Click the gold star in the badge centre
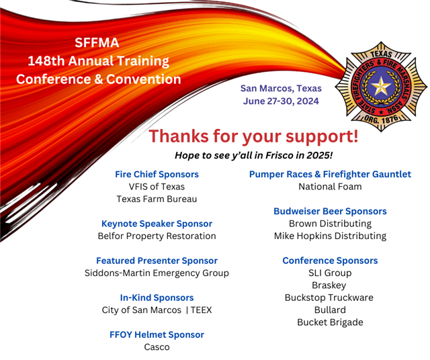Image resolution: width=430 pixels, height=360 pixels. (381, 87)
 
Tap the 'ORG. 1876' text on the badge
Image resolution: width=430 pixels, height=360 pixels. (381, 119)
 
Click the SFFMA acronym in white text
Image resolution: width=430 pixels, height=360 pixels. (97, 42)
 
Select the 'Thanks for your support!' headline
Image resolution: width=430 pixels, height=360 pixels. (253, 136)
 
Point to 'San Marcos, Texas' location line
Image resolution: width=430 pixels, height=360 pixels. (281, 88)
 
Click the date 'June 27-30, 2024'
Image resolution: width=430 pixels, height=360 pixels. (281, 101)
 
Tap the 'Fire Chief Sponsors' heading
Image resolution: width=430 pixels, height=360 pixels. (157, 174)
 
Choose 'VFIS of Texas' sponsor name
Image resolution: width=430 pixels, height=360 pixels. (157, 187)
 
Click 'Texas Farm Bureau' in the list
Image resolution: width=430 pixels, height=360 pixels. (157, 199)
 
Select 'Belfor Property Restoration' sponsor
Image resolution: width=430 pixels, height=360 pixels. (157, 236)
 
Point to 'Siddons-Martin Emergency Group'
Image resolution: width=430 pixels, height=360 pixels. (157, 273)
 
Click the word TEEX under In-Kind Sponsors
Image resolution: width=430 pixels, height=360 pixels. (202, 310)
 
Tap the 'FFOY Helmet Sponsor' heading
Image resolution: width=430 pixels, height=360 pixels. (157, 334)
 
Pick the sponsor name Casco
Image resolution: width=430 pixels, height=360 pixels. (157, 347)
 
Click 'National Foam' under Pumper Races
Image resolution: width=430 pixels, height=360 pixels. (330, 187)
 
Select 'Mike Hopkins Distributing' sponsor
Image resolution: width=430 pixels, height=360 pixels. (330, 236)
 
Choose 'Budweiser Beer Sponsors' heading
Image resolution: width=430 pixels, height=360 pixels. (330, 211)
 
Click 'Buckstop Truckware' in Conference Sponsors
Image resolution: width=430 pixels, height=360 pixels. (329, 298)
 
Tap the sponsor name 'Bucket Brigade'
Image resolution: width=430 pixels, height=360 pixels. (330, 322)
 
